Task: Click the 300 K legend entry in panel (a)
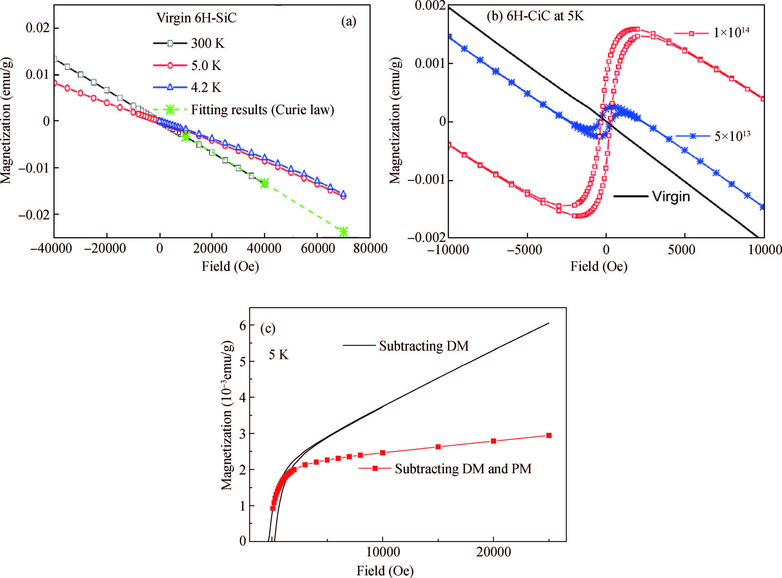click(x=207, y=43)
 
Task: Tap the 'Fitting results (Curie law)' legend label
click(x=262, y=110)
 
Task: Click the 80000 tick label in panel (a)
click(x=370, y=249)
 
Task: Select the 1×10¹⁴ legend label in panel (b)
click(x=731, y=33)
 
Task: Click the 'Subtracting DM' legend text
click(x=423, y=346)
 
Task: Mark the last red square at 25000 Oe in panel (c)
click(x=549, y=435)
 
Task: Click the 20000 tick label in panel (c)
click(x=493, y=552)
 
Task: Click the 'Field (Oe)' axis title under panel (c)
click(x=385, y=571)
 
